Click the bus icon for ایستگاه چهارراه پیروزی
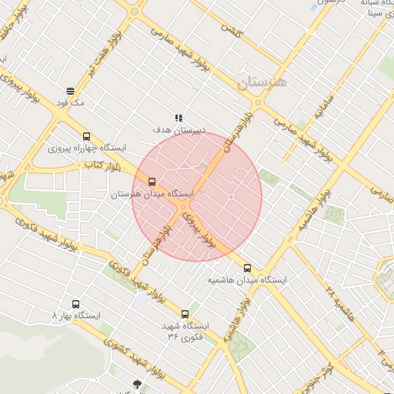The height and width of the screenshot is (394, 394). pyautogui.click(x=86, y=135)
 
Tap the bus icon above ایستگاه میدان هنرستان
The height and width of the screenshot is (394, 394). pyautogui.click(x=151, y=182)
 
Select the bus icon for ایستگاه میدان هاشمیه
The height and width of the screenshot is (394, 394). pyautogui.click(x=247, y=269)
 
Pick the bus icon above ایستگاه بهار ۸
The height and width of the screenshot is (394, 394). pyautogui.click(x=75, y=304)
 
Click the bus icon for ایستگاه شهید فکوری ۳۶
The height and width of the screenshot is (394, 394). pyautogui.click(x=185, y=313)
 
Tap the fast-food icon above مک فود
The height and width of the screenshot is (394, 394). pyautogui.click(x=70, y=90)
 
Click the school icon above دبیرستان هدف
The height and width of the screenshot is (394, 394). pyautogui.click(x=179, y=118)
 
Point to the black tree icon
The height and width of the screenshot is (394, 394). pyautogui.click(x=138, y=384)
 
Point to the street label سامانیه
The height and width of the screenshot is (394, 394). pyautogui.click(x=324, y=112)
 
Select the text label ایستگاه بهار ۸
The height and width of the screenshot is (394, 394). pyautogui.click(x=76, y=316)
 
